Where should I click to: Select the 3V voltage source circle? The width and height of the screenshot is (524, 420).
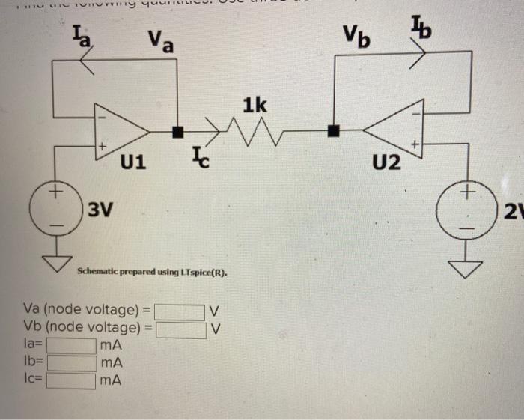click(x=54, y=205)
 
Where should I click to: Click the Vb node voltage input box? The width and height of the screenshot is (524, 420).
click(x=180, y=329)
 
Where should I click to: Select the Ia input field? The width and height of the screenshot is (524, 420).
click(x=72, y=347)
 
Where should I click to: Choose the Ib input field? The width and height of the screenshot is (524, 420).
click(x=72, y=363)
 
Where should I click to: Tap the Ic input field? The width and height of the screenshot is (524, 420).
click(x=72, y=380)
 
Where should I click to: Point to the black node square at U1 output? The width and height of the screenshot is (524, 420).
click(x=178, y=133)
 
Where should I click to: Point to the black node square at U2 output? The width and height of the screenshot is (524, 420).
click(x=335, y=133)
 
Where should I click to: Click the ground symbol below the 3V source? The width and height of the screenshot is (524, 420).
click(x=54, y=262)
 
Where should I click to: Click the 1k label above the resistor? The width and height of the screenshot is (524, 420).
click(x=254, y=104)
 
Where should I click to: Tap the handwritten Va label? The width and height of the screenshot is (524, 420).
click(x=160, y=40)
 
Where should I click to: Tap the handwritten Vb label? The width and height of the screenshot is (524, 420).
click(x=358, y=34)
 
